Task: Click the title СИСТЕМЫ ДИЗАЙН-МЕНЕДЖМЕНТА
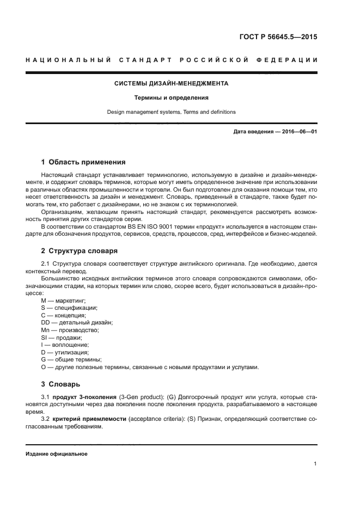[172, 84]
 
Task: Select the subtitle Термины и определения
[172, 98]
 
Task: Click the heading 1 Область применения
[83, 162]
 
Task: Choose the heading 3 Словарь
[60, 384]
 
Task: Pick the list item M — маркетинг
[64, 301]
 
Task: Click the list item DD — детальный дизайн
[77, 323]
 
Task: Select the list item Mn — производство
[70, 330]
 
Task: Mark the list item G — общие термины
[71, 360]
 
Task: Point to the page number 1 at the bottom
[315, 464]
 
